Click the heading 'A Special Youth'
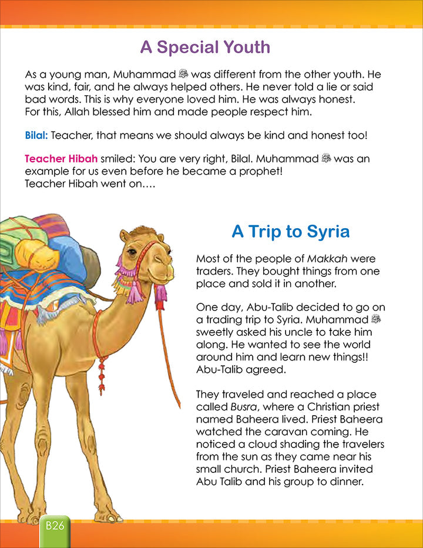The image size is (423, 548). pos(205,47)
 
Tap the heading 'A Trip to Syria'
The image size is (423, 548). pos(290,231)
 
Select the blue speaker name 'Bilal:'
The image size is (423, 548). pos(37,135)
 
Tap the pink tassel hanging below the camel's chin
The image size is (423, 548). pos(160,292)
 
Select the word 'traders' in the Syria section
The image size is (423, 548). pos(213,271)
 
